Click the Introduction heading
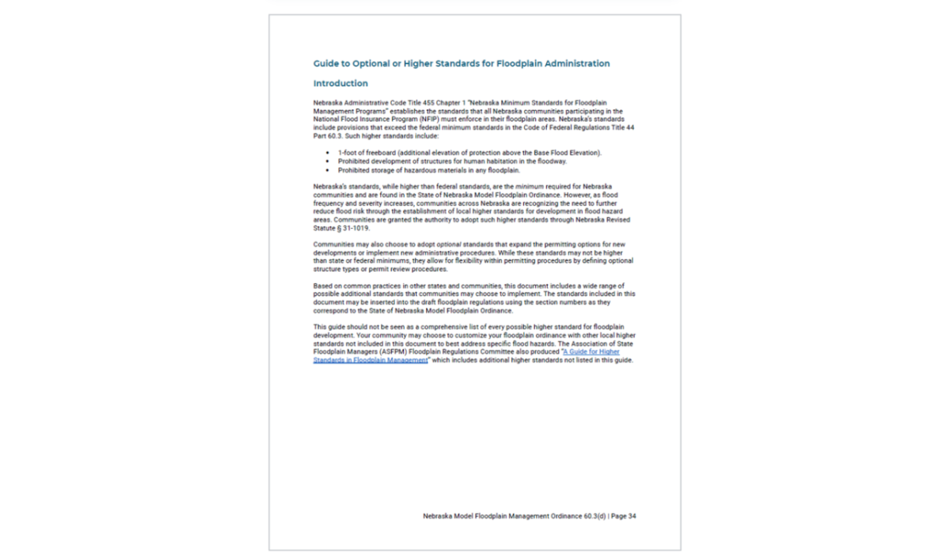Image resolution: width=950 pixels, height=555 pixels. tap(340, 83)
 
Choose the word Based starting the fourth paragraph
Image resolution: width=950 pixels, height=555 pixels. tap(323, 285)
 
